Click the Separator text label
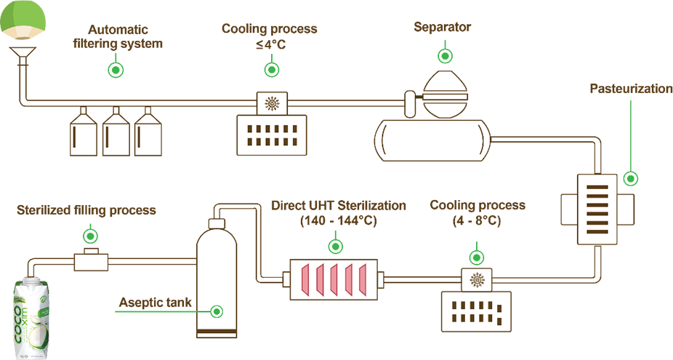pos(442,28)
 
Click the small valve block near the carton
pos(91,260)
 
